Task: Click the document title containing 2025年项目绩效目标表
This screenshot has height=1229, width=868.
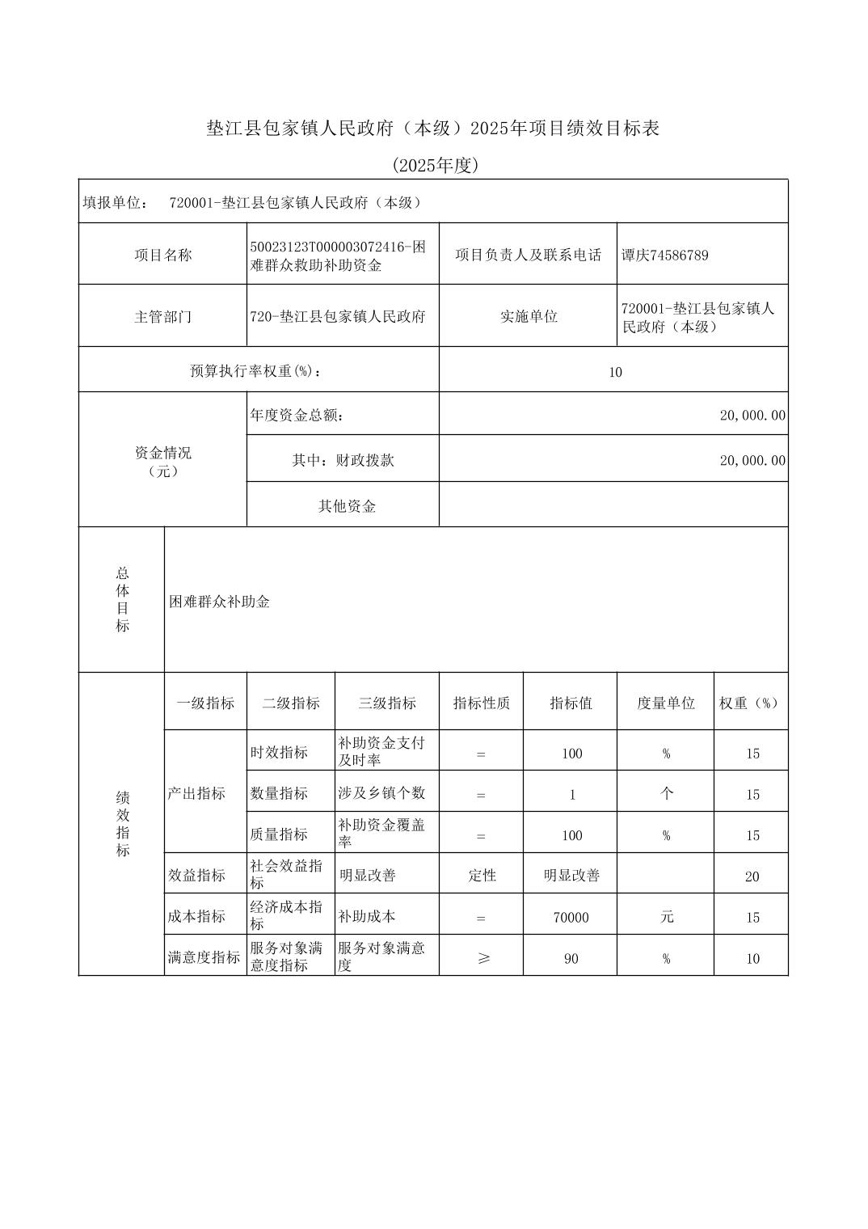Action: coord(433,129)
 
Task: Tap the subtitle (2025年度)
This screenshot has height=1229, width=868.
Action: coord(436,166)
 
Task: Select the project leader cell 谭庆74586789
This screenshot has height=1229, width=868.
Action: coord(664,256)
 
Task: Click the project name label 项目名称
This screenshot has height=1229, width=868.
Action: coord(162,256)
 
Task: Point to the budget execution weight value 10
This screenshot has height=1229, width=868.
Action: coord(615,372)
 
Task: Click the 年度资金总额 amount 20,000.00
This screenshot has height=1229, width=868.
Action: coord(752,416)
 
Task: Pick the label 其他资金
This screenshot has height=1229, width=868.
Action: coord(347,506)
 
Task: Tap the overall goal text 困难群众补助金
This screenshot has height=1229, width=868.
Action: coord(219,602)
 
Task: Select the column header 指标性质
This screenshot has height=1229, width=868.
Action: coord(481,703)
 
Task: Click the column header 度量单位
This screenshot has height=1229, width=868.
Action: coord(665,703)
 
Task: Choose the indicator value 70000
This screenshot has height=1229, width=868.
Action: coord(571,918)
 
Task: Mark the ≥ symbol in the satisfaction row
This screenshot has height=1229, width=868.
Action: coord(482,959)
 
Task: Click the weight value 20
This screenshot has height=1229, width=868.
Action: coord(752,876)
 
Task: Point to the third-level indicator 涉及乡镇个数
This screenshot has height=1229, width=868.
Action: coord(381,793)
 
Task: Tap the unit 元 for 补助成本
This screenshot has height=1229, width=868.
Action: coord(666,917)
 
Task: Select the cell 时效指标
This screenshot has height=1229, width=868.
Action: coord(279,753)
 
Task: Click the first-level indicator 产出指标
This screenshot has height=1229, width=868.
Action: coord(196,793)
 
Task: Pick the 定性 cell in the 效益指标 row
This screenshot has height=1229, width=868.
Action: coord(482,876)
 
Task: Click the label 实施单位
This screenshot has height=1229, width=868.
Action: coord(528,317)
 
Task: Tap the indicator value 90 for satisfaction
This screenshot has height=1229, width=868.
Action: coord(571,959)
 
